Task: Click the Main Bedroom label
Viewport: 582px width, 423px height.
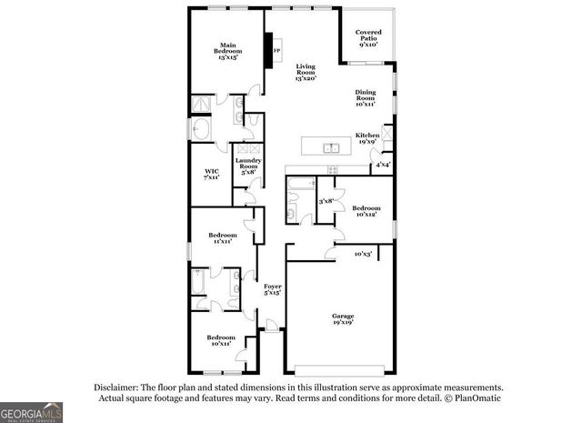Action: [226, 51]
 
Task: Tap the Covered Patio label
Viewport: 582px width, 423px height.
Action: [368, 37]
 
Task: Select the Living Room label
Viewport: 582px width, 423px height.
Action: [304, 72]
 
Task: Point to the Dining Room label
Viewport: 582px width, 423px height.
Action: [366, 98]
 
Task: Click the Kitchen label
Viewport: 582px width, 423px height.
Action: [367, 137]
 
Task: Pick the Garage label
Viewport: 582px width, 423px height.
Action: [342, 318]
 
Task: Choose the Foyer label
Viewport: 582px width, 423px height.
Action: [272, 288]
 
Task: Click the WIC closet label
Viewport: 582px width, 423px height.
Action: [212, 173]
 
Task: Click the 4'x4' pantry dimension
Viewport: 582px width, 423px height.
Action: [383, 165]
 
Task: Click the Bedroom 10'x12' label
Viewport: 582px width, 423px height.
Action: [366, 210]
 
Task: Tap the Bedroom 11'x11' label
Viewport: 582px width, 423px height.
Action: [218, 237]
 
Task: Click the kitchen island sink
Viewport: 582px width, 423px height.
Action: [332, 147]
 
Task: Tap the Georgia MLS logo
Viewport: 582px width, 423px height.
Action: [31, 411]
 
